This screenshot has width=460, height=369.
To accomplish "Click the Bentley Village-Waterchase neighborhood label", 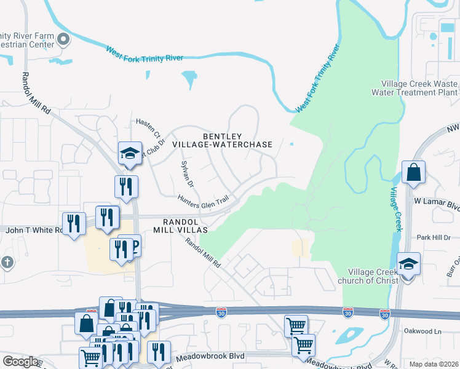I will click(x=222, y=140).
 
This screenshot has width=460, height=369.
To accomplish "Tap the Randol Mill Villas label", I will click(x=185, y=226).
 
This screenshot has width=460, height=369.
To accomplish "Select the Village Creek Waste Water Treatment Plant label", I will click(x=419, y=88).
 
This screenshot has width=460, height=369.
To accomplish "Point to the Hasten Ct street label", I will click(x=148, y=128).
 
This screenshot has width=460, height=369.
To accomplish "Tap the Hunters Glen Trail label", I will click(x=203, y=200).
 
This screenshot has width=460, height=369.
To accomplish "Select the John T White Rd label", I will click(x=34, y=230).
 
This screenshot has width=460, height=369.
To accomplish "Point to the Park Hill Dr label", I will click(x=434, y=237).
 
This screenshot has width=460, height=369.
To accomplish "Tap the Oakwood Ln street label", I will click(x=422, y=331).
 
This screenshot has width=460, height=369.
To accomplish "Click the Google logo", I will click(x=20, y=362).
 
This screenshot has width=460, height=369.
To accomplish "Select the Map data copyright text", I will click(x=434, y=364).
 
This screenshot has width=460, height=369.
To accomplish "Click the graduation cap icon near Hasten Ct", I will click(x=130, y=154).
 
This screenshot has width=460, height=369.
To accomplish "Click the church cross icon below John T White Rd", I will click(x=7, y=263).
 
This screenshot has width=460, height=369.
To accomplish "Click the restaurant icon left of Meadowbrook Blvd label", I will click(x=159, y=352).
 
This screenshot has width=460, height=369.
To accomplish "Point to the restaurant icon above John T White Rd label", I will click(x=74, y=223).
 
